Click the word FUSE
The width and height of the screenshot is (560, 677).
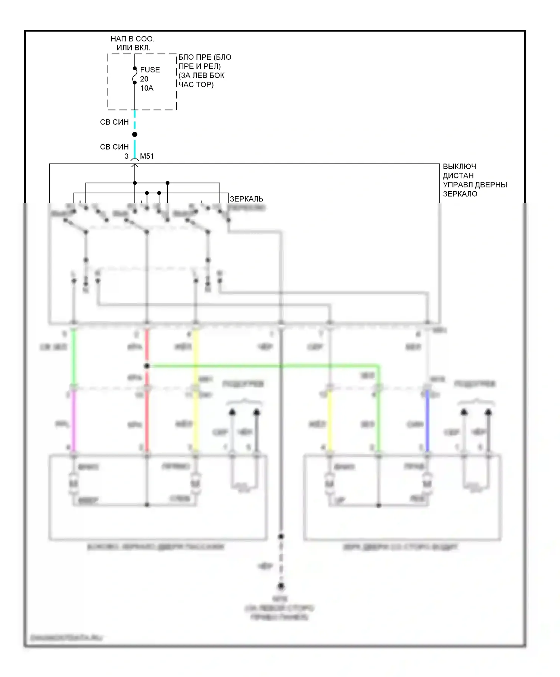[x=150, y=70]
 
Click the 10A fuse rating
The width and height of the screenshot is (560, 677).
[x=147, y=88]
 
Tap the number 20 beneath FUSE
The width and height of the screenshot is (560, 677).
[x=144, y=79]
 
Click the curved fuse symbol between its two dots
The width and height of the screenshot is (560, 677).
[x=134, y=75]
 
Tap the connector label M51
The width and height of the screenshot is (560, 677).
[x=147, y=156]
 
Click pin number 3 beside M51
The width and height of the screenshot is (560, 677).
[x=127, y=156]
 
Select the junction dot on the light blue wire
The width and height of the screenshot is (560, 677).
[x=135, y=134]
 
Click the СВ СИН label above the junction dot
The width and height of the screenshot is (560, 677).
[x=114, y=122]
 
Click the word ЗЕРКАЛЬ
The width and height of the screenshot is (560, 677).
[x=246, y=199]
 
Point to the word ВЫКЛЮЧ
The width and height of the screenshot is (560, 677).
[x=459, y=166]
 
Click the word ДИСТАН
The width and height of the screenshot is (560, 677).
[x=458, y=175]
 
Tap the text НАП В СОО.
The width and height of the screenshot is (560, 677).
[x=133, y=39]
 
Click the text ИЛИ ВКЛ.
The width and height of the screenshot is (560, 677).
[x=133, y=48]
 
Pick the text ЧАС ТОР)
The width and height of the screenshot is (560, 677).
[x=196, y=84]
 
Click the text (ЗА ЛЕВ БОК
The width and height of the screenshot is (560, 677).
[x=202, y=75]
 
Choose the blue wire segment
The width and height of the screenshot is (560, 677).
[x=427, y=422]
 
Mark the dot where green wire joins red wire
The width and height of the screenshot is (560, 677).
[x=147, y=366]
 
